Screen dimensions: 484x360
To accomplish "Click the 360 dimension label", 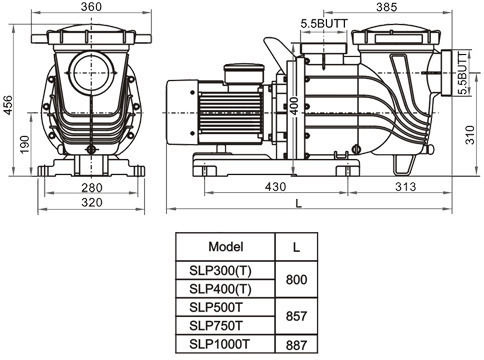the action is coord(91,7).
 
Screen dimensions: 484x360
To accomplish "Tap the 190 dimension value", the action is coord(24,144).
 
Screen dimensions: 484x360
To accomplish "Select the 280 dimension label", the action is coord(92,188).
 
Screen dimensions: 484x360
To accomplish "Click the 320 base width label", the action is coord(92,202).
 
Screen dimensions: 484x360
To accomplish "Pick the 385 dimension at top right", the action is coord(387,7).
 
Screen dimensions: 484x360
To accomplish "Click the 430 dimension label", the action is coord(276,187).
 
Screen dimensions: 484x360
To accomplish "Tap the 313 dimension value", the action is coord(406,187).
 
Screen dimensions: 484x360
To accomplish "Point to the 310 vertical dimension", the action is coord(470,134).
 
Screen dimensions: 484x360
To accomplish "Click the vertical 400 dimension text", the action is coord(295,105).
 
